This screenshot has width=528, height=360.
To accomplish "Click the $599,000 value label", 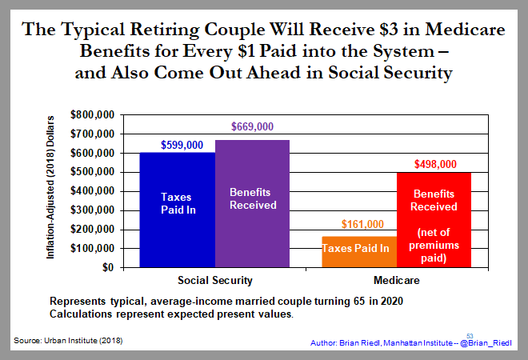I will click(176, 143).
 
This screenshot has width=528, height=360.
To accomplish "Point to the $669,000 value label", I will click(252, 127).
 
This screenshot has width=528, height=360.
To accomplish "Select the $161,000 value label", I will click(362, 225).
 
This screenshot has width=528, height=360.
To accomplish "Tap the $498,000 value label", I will click(435, 164).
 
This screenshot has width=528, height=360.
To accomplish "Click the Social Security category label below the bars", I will click(214, 281).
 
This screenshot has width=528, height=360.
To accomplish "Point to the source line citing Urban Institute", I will click(68, 341).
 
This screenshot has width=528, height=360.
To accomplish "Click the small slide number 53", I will click(470, 335).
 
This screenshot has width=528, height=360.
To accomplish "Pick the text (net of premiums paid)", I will click(434, 245).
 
